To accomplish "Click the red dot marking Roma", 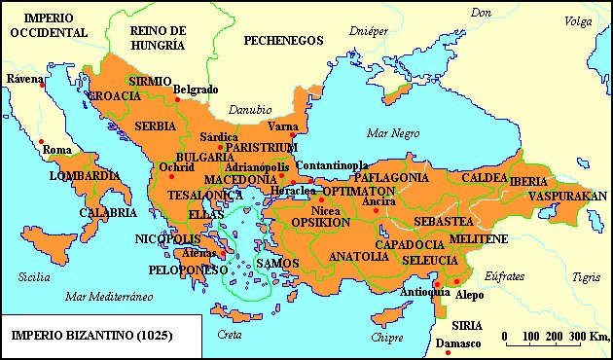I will [x=42, y=143].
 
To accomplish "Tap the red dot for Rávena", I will [x=42, y=86].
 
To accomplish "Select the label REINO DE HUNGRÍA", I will [x=158, y=38].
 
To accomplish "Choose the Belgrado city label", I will [x=196, y=90].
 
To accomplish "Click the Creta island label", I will [x=231, y=334].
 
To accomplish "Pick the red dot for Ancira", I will [x=376, y=211].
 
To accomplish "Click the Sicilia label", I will [x=33, y=277].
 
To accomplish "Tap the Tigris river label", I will [x=586, y=277].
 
